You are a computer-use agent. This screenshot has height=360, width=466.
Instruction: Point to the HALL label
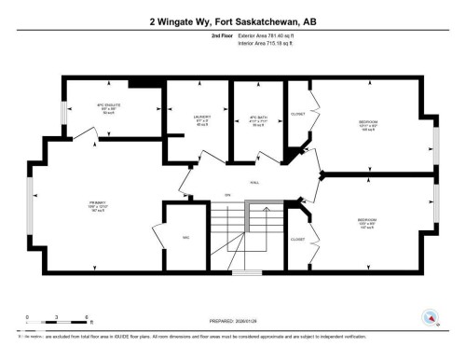254,183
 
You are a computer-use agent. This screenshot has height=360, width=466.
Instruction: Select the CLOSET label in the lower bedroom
297,239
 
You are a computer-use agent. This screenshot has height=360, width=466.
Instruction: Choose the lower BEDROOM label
366,222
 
